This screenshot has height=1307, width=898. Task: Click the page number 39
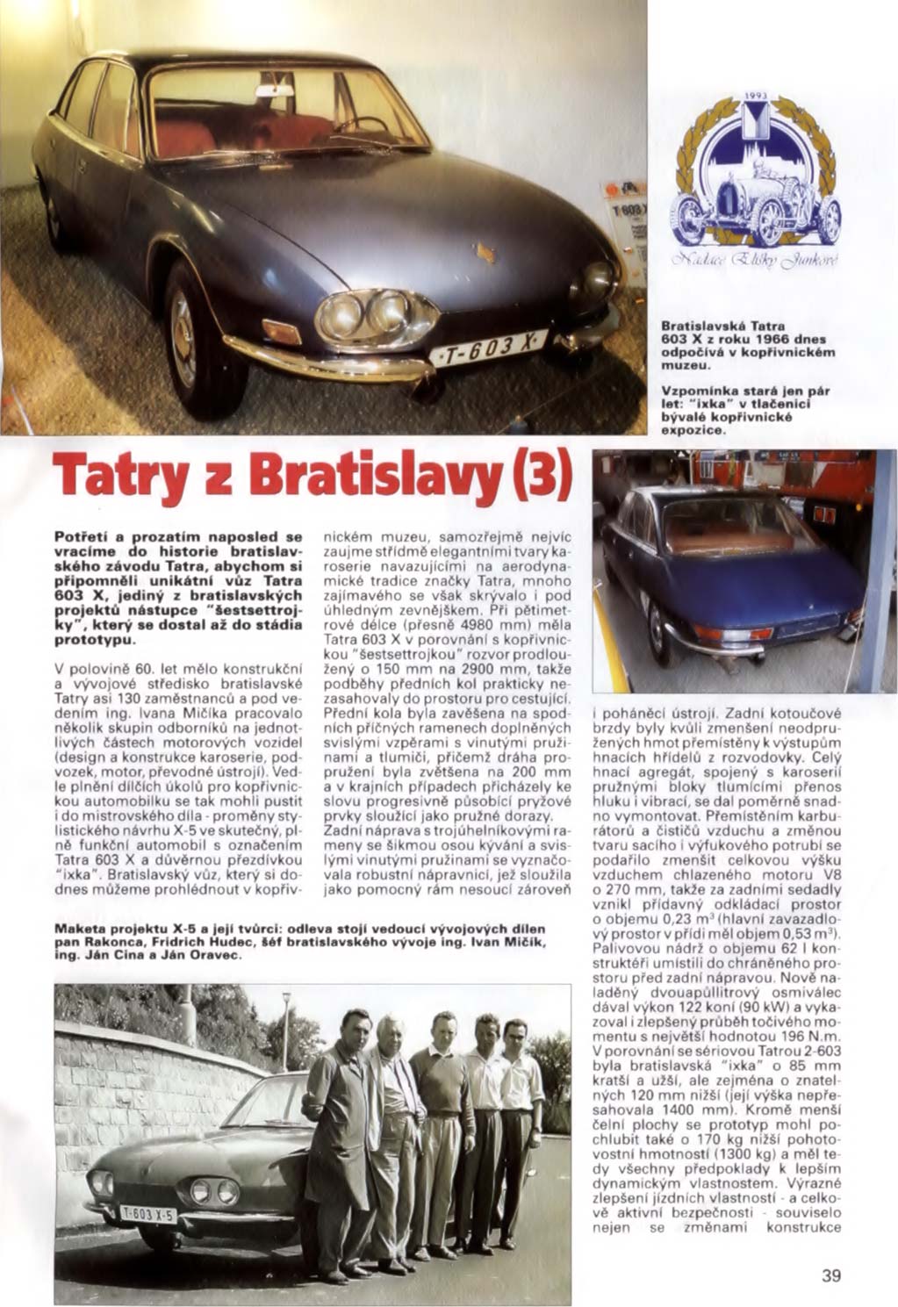831,1275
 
